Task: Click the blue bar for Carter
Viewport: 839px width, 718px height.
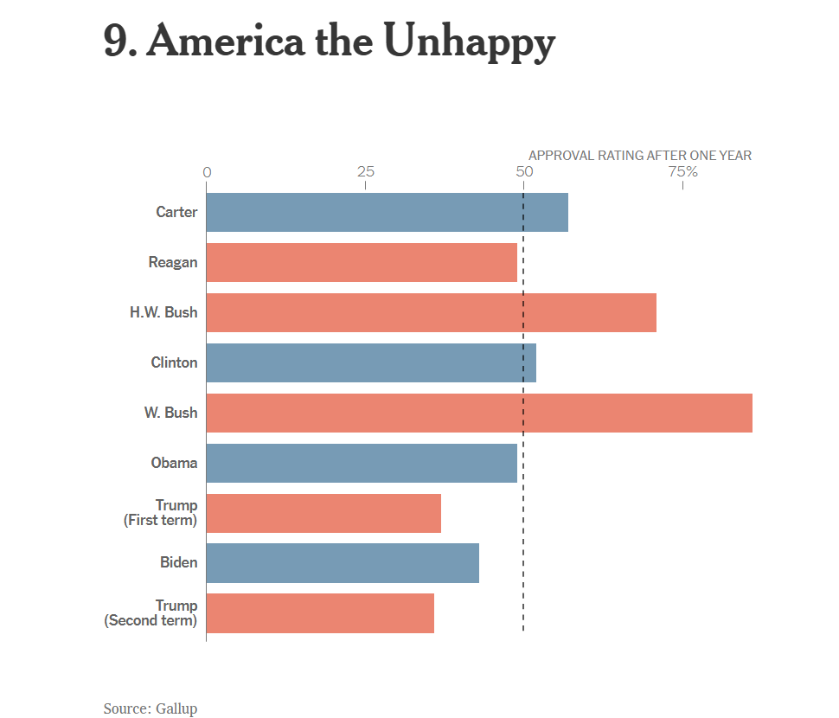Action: click(x=387, y=212)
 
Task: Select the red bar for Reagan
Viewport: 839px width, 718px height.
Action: click(x=362, y=262)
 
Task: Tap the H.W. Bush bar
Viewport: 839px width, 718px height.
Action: click(x=431, y=312)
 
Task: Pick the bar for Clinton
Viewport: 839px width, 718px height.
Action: click(x=371, y=362)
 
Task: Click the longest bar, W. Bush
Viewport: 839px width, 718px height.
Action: click(x=479, y=413)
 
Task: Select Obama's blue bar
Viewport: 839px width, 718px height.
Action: click(x=362, y=463)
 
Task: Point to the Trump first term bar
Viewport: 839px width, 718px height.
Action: click(x=323, y=513)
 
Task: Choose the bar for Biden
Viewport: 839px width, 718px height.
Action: click(x=343, y=563)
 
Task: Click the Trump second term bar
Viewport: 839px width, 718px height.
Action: click(x=320, y=613)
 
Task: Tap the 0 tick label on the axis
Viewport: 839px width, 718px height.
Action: click(x=207, y=172)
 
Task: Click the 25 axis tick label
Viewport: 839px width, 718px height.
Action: click(x=366, y=172)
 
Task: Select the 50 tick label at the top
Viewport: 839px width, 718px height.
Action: click(x=524, y=172)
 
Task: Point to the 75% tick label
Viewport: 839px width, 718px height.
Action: click(x=682, y=172)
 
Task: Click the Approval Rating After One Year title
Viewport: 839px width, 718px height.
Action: click(x=640, y=156)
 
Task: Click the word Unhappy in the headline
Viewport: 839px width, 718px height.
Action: click(x=468, y=42)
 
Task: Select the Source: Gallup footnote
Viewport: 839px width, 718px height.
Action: click(x=151, y=708)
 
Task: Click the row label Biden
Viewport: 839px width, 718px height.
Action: click(x=178, y=563)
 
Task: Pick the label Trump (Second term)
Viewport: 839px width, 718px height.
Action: click(x=151, y=613)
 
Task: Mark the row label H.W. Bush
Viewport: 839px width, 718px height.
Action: click(x=163, y=312)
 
